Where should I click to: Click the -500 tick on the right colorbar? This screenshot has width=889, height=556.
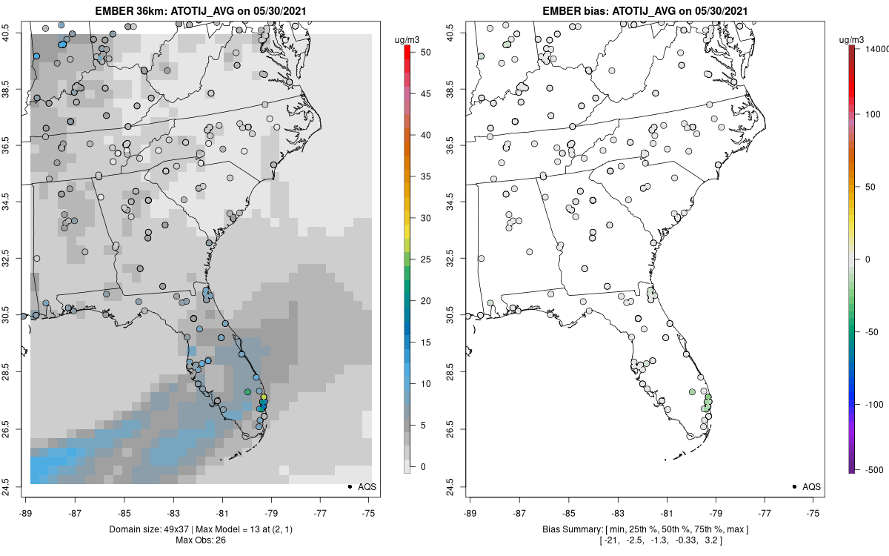pyautogui.click(x=871, y=469)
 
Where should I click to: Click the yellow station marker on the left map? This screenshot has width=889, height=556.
pyautogui.click(x=264, y=397)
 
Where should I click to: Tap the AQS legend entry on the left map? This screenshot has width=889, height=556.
pyautogui.click(x=361, y=487)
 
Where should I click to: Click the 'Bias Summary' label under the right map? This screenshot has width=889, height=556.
pyautogui.click(x=567, y=529)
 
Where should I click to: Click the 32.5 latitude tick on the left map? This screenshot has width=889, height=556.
pyautogui.click(x=16, y=259)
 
